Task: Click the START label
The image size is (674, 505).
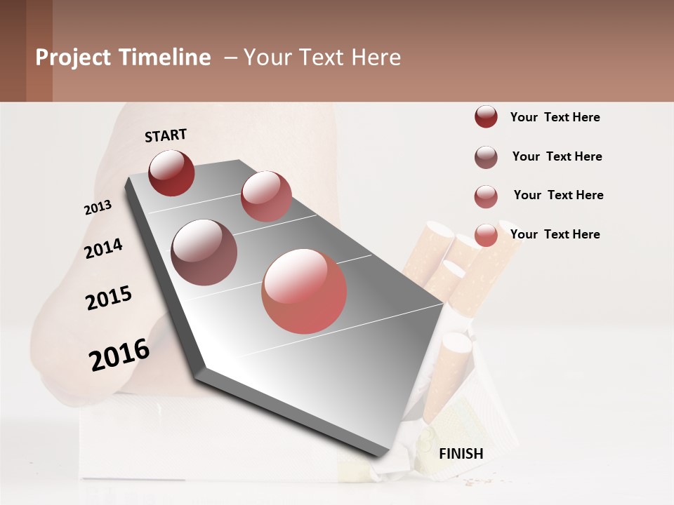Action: pyautogui.click(x=166, y=135)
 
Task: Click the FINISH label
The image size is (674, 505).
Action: pyautogui.click(x=461, y=454)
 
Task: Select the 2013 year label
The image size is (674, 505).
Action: pyautogui.click(x=98, y=208)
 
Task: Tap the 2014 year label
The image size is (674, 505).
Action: pyautogui.click(x=103, y=248)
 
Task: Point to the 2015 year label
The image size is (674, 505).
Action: pyautogui.click(x=109, y=298)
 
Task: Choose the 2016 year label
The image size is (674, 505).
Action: pyautogui.click(x=119, y=354)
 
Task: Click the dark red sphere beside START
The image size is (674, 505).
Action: pyautogui.click(x=171, y=173)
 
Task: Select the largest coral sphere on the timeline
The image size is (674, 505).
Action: pyautogui.click(x=304, y=291)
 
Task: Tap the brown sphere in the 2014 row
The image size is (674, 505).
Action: pyautogui.click(x=204, y=252)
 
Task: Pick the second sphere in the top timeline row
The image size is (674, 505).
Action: pyautogui.click(x=266, y=196)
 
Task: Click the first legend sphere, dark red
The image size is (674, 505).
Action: pyautogui.click(x=486, y=117)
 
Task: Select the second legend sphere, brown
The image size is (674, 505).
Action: pyautogui.click(x=486, y=157)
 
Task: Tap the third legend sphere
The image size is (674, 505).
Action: pyautogui.click(x=486, y=196)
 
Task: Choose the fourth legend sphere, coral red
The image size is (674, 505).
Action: pyautogui.click(x=486, y=236)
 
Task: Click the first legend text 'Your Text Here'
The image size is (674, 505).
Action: pyautogui.click(x=555, y=117)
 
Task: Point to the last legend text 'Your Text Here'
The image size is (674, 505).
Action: pyautogui.click(x=555, y=234)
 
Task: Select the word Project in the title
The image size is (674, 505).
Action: pyautogui.click(x=73, y=58)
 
